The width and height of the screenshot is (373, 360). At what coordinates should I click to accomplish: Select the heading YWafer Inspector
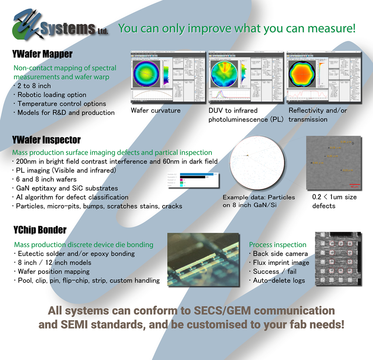click(46, 140)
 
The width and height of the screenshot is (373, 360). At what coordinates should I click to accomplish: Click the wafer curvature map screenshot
click(167, 78)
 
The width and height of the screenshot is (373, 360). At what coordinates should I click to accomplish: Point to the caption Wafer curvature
click(156, 111)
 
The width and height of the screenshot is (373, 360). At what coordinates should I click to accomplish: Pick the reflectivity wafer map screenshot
click(324, 78)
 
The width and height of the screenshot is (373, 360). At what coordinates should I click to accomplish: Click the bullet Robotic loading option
click(51, 95)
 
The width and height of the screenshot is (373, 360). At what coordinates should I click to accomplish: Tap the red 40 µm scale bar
click(354, 184)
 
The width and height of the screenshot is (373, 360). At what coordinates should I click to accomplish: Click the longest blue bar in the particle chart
click(197, 174)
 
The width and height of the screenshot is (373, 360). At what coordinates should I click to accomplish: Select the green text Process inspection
click(278, 245)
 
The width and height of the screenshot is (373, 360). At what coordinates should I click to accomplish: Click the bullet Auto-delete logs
click(279, 281)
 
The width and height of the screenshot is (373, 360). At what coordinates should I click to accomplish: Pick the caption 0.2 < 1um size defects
click(334, 201)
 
